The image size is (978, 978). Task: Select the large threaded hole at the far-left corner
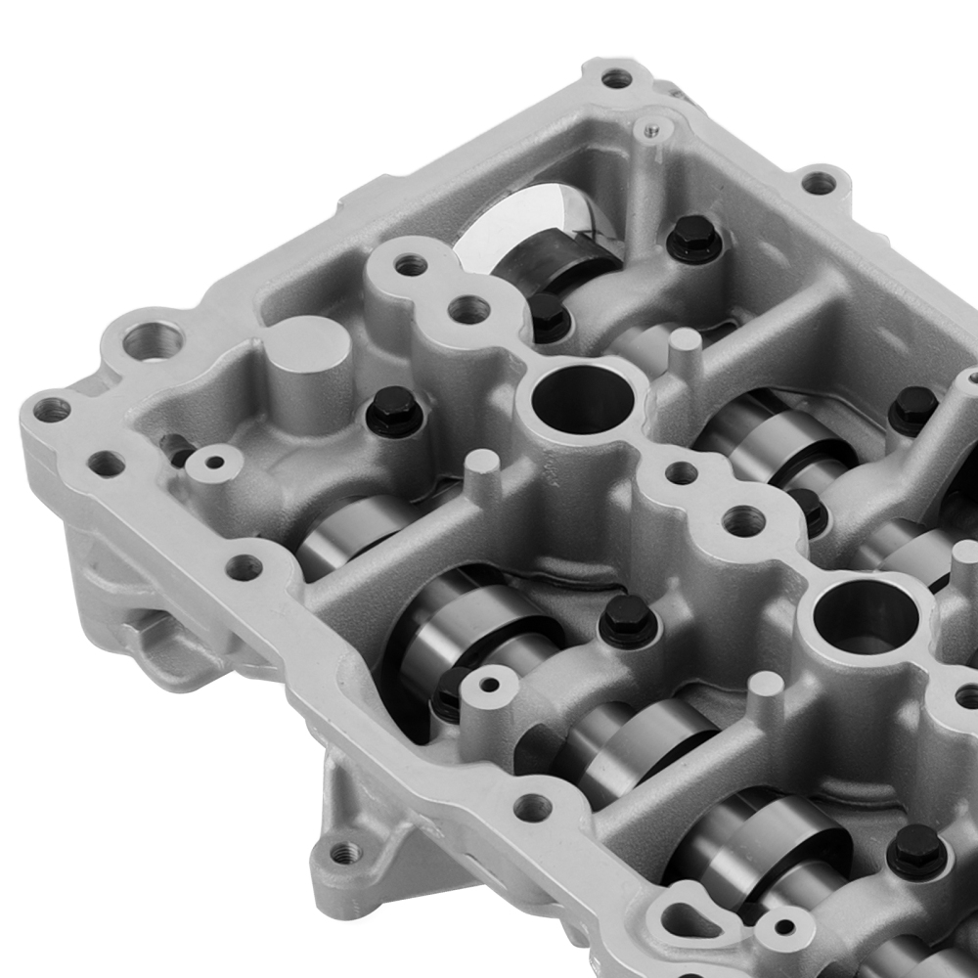[x=153, y=341]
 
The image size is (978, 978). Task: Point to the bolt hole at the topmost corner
[x=616, y=78]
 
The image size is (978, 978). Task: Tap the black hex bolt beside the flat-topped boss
[x=395, y=410]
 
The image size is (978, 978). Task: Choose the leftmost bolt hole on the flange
[x=51, y=409]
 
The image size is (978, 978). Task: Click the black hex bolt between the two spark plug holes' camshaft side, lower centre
[x=624, y=619]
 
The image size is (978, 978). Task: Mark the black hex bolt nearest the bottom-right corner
[x=916, y=850]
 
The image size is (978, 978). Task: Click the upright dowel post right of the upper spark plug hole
[x=684, y=351]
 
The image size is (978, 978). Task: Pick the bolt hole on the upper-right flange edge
[x=819, y=183]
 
